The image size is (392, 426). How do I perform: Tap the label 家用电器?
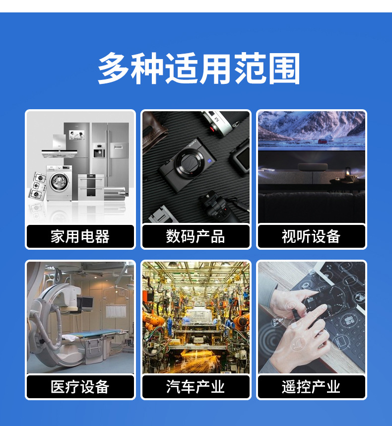click(x=80, y=236)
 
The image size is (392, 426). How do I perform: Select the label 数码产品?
click(x=196, y=236)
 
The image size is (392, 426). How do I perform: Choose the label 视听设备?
click(x=311, y=236)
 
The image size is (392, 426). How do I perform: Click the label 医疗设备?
click(x=80, y=387)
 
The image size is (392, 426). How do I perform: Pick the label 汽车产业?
click(x=196, y=387)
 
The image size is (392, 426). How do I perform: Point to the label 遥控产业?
click(x=311, y=387)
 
